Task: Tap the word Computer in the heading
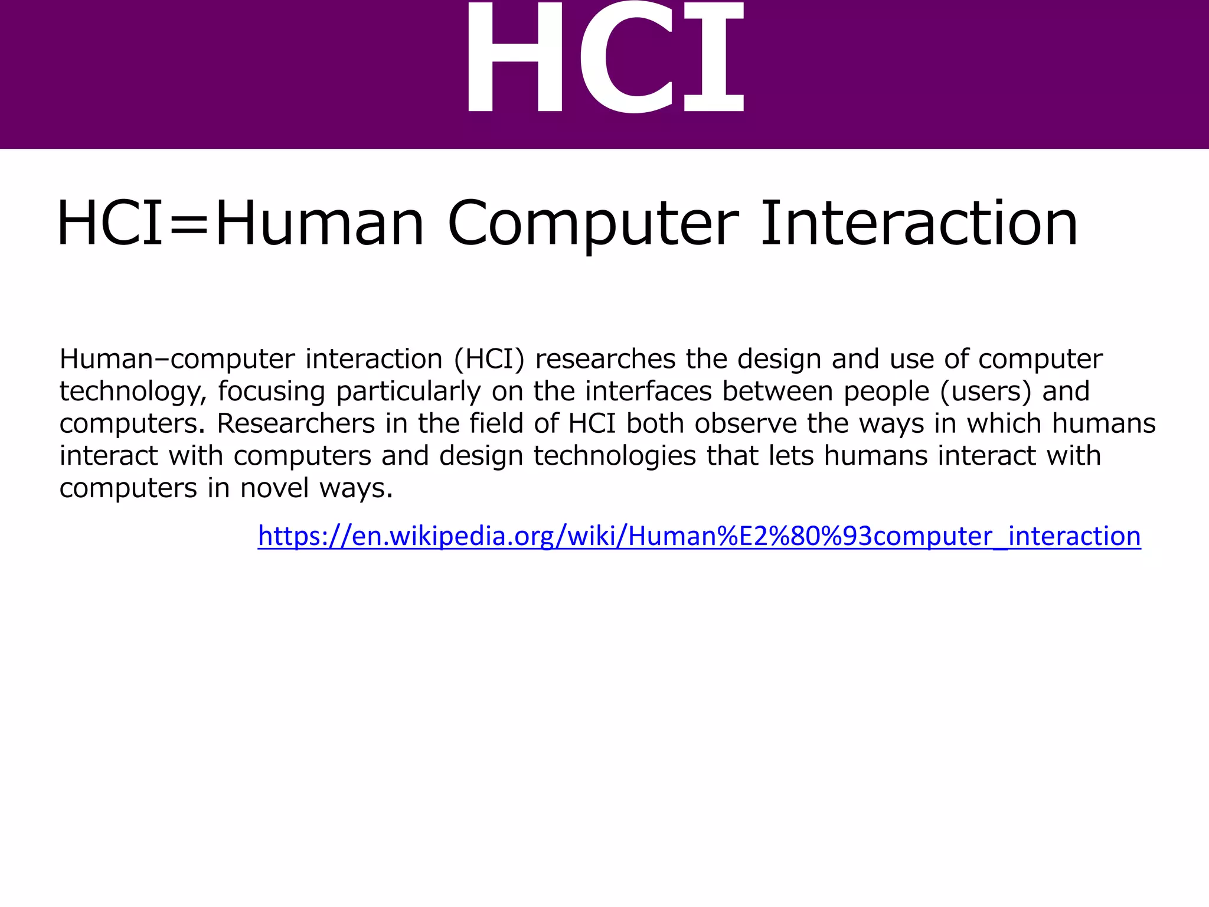(593, 224)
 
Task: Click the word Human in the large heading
(319, 224)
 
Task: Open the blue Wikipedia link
(699, 536)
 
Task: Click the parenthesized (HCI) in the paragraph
(489, 359)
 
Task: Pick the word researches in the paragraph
(605, 359)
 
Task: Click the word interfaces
(648, 391)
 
